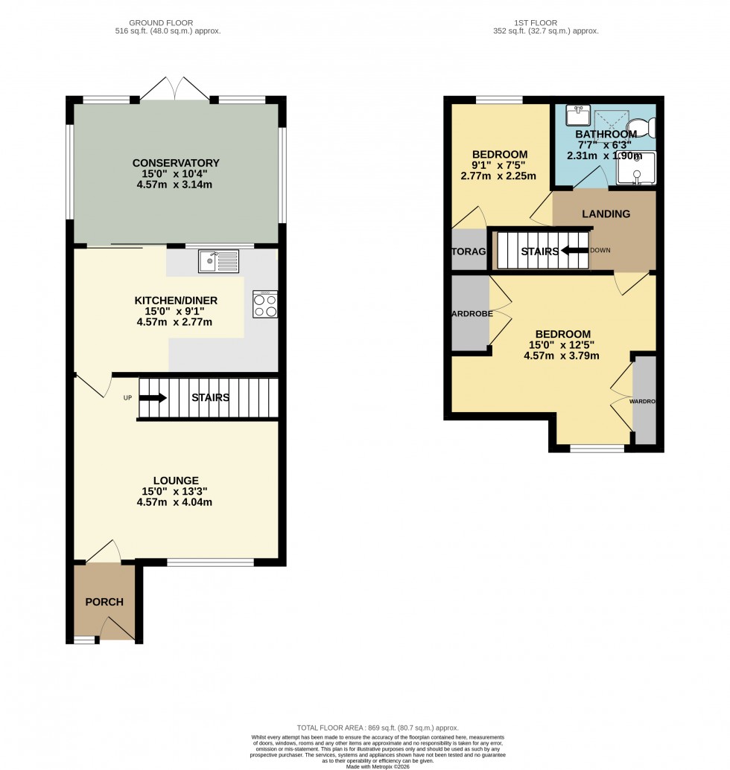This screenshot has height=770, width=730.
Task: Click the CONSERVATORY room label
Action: pos(176,163)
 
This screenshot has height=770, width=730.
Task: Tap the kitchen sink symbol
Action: pos(218,261)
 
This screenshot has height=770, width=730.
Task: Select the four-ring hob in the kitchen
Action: pos(265,304)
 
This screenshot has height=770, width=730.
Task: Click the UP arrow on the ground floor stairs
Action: pos(153,398)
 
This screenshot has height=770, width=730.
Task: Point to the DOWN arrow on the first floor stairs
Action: pos(574,251)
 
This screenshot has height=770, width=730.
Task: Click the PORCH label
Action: pos(104,602)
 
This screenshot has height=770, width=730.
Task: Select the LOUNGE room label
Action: pos(176,480)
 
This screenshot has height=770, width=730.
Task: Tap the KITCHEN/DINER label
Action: pos(176,301)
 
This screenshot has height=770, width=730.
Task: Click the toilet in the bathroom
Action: pos(643,128)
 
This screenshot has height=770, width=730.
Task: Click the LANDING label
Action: pos(606,214)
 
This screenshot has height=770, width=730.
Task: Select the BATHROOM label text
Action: pos(605,134)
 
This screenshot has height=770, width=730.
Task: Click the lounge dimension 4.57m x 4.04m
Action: pos(176,502)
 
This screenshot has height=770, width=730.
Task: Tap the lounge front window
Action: pos(211,562)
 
